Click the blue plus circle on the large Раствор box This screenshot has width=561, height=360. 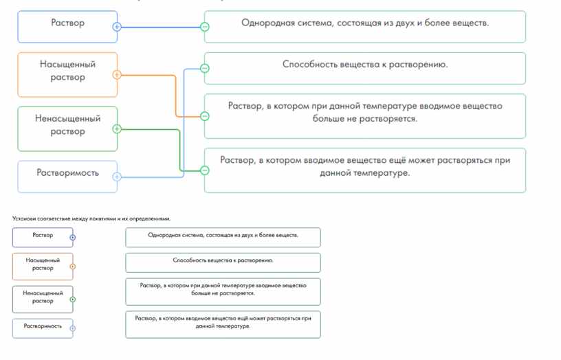point(117,27)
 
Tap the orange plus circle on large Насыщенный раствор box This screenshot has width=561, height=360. point(117,75)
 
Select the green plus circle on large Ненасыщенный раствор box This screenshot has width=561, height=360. point(117,128)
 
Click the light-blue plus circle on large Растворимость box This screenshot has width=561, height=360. point(117,177)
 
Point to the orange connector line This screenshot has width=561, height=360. point(176,95)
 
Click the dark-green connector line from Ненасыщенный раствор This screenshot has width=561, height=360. point(179,150)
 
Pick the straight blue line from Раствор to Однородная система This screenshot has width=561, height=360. point(161,27)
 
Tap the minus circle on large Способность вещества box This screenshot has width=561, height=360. point(205,68)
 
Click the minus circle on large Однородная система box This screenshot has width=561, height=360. point(205,27)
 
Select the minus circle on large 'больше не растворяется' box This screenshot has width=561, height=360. point(205,116)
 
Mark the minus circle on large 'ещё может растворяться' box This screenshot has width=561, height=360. point(205,170)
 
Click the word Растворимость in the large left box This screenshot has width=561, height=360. point(67,173)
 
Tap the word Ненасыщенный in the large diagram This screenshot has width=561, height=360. point(67,118)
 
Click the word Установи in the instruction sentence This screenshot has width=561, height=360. point(24,218)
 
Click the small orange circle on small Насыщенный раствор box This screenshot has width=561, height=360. point(73,267)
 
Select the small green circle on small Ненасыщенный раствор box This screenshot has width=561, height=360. point(73,300)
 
